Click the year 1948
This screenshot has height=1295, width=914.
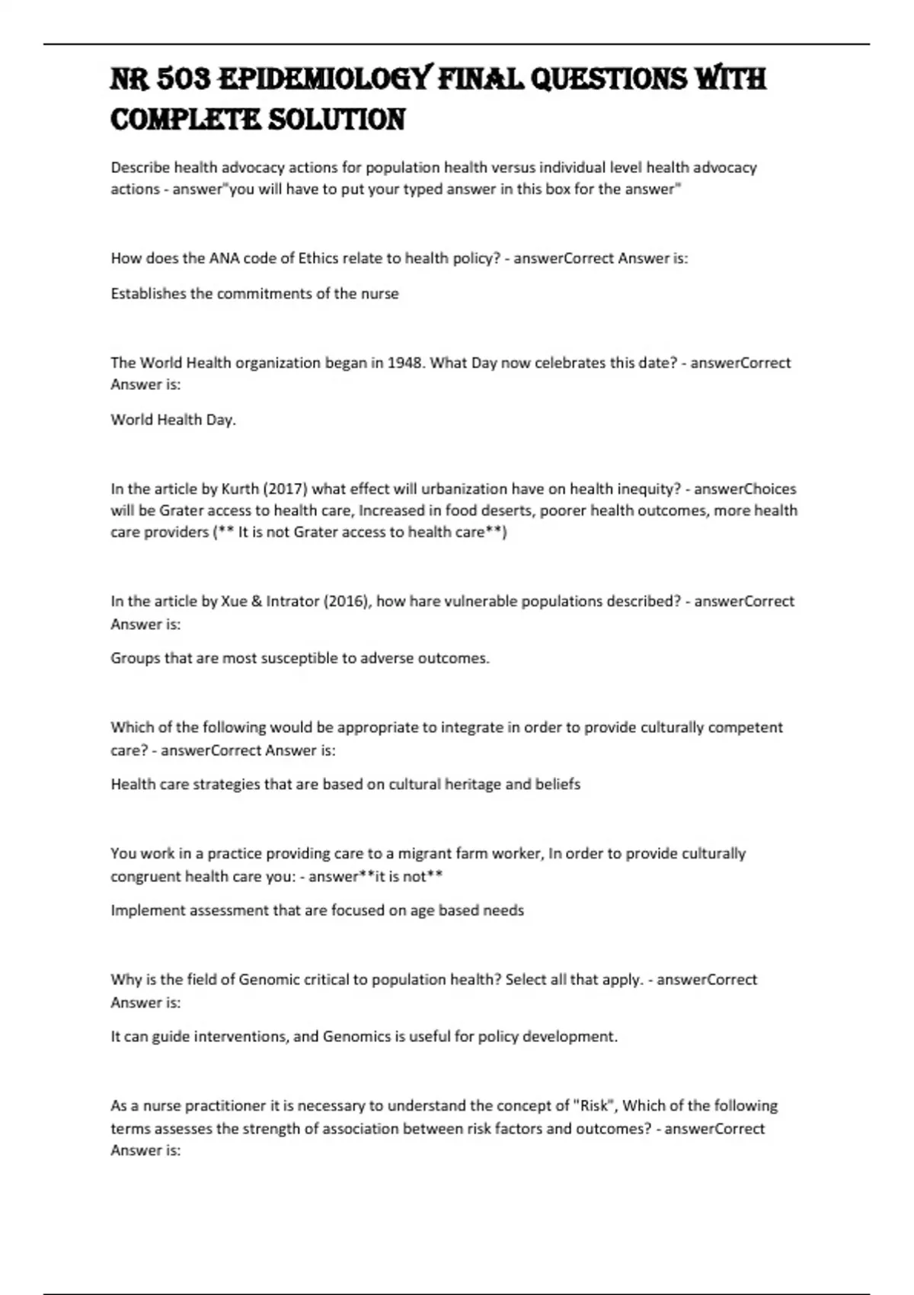click(407, 363)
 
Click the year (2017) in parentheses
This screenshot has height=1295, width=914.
click(285, 489)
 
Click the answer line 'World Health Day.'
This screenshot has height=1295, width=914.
click(173, 420)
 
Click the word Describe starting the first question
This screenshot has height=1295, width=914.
click(139, 168)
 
